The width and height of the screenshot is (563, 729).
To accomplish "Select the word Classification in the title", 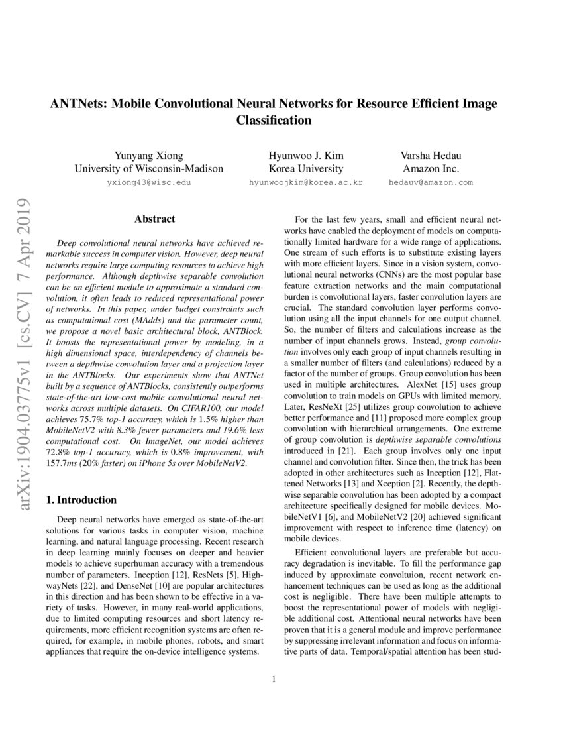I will click(274, 120).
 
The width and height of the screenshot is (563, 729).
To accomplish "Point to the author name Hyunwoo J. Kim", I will click(305, 156).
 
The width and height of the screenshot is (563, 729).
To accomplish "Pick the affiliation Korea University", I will click(305, 168).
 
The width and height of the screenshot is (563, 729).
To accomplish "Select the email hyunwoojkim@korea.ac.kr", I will click(305, 182).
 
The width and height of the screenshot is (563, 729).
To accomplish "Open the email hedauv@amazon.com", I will click(431, 182).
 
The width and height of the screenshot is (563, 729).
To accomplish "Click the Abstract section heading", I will click(154, 219).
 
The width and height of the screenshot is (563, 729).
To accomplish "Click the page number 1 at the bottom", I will click(274, 678).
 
